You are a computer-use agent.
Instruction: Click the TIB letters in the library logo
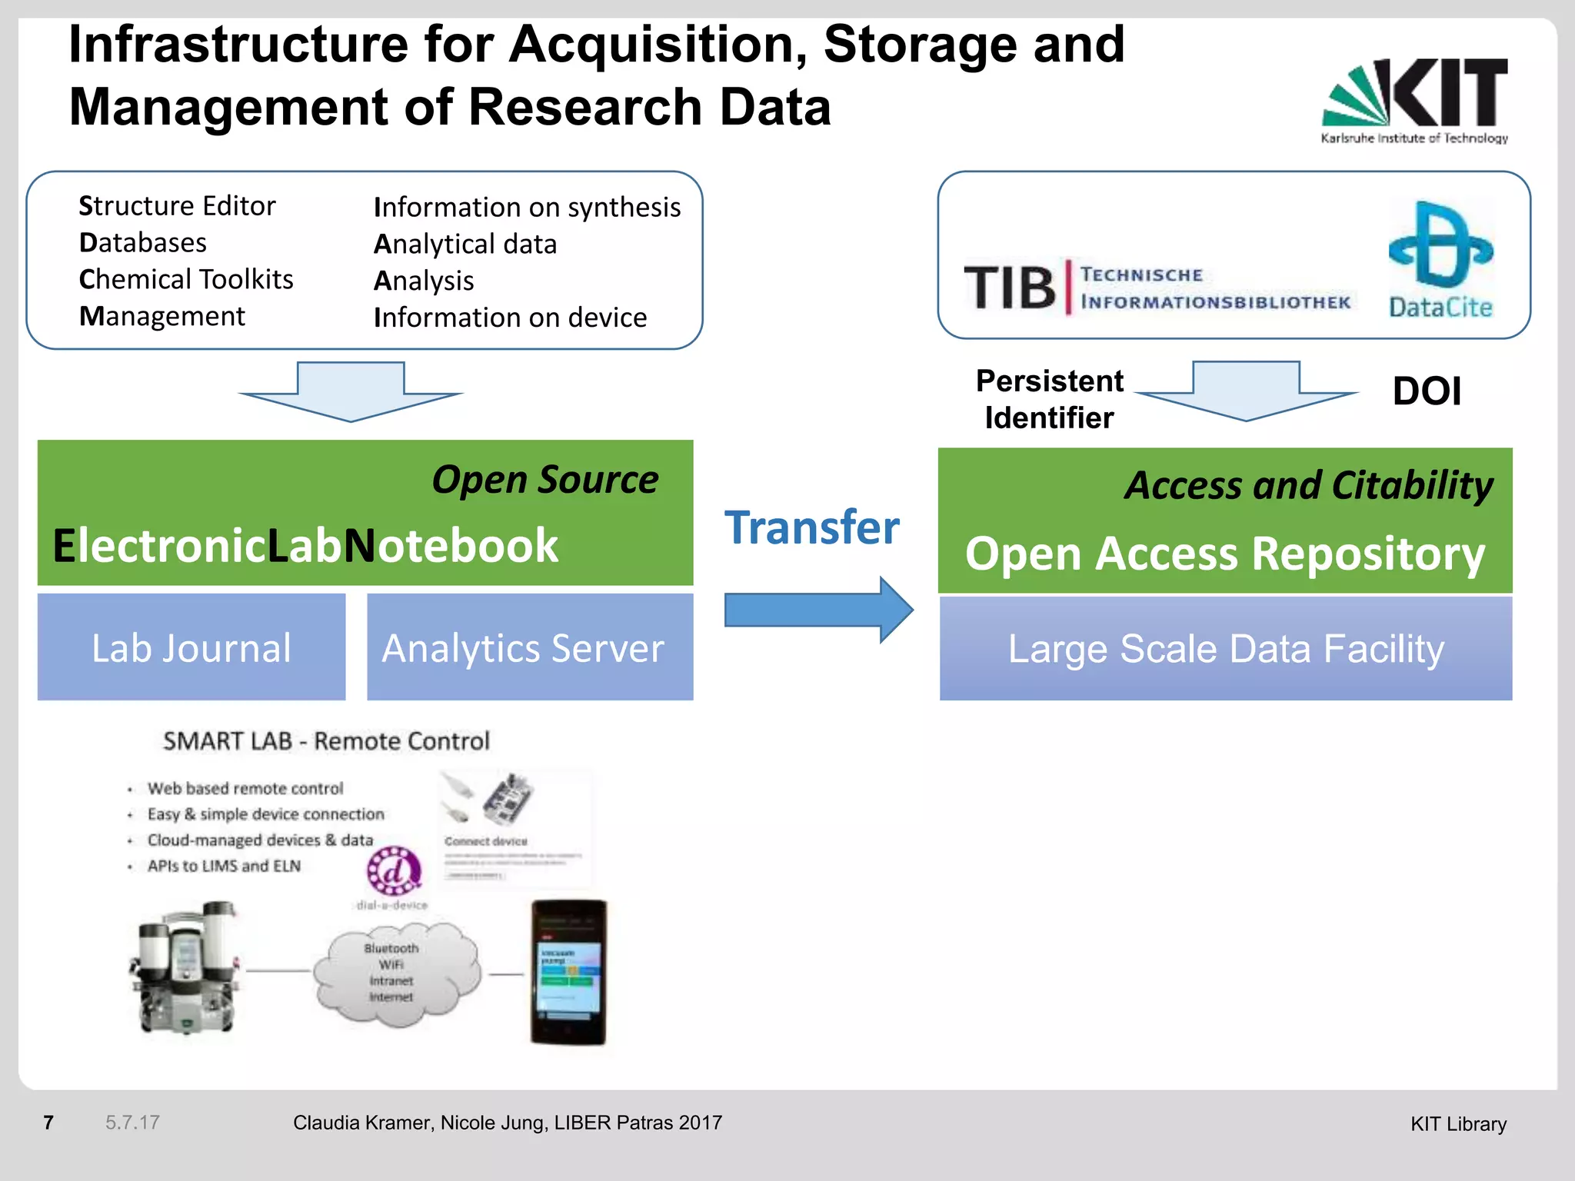(x=1010, y=288)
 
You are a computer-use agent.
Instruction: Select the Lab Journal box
(x=191, y=647)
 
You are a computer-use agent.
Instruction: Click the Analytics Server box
(x=530, y=647)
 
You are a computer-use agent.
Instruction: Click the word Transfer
(x=812, y=527)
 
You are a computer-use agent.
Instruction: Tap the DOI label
(x=1427, y=391)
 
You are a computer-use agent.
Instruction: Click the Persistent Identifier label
(x=1049, y=399)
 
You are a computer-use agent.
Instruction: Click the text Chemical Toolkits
(x=186, y=279)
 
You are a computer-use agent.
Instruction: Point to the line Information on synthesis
(x=527, y=207)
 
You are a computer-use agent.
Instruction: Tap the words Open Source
(x=544, y=480)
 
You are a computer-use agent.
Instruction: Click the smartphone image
(x=569, y=972)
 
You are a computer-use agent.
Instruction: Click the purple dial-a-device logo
(x=394, y=872)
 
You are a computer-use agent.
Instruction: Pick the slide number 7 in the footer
(x=48, y=1123)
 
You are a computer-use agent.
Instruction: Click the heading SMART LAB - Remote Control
(x=326, y=741)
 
